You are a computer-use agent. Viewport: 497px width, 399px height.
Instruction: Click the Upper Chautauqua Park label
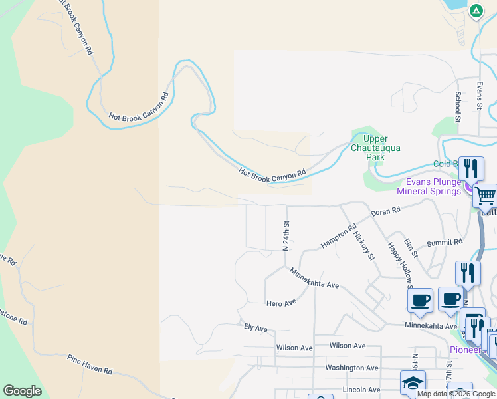[x=375, y=148]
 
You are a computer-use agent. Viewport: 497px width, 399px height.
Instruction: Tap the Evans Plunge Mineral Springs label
[x=429, y=186]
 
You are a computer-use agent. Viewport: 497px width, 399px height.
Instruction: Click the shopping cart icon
[x=485, y=196]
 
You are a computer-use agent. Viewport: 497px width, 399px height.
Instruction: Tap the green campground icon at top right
[x=476, y=11]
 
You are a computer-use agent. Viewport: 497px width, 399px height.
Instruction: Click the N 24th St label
[x=286, y=236]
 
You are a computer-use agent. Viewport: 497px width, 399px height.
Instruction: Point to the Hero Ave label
[x=280, y=303]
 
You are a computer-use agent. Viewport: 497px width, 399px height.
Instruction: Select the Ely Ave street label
[x=255, y=328]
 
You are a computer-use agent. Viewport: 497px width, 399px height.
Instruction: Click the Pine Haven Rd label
[x=90, y=364]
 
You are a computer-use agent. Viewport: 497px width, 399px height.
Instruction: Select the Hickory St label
[x=365, y=246]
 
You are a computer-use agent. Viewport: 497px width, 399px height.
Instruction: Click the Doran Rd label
[x=385, y=211]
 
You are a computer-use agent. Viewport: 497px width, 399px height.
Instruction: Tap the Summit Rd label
[x=444, y=243]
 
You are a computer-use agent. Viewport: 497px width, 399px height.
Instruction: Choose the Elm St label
[x=411, y=249]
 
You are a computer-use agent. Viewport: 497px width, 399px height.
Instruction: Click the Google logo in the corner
[x=22, y=391]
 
